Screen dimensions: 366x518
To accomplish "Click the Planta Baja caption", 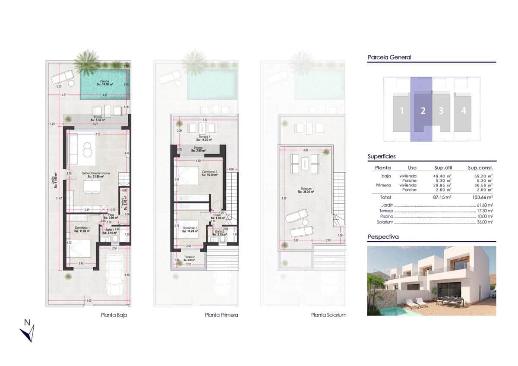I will [x=114, y=315].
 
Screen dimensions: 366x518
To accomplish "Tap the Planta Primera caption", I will [x=221, y=315].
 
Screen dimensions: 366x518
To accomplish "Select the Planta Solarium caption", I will [x=328, y=315].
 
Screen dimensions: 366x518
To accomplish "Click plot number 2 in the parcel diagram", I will [x=423, y=111].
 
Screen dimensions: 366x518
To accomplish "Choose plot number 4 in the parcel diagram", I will [x=463, y=111].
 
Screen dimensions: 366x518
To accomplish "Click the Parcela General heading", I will [x=389, y=57].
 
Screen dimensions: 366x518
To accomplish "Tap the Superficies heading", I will [x=382, y=157].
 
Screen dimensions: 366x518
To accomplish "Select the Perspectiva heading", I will [x=383, y=237].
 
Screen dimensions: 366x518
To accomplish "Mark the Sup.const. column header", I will [x=480, y=167].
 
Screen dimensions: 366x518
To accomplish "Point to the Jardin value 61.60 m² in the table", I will [x=484, y=205].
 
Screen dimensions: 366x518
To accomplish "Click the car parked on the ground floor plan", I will [x=114, y=273].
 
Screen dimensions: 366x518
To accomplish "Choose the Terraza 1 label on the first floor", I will [x=203, y=138].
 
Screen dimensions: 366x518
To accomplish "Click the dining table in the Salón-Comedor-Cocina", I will [x=92, y=186].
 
